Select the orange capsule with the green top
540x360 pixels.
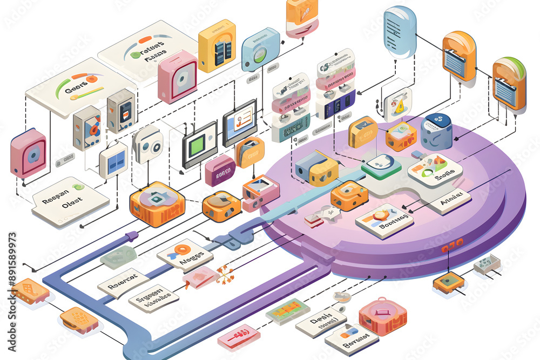[x=509, y=84]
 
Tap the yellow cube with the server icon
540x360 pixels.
[x=217, y=46]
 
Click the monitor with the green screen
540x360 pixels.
[x=199, y=144]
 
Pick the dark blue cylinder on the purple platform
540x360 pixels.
[x=436, y=132]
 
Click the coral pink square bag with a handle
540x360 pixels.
[x=383, y=315]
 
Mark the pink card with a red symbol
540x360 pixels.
[x=239, y=337]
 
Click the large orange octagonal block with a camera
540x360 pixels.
[x=157, y=203]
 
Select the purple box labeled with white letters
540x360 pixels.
[x=220, y=171]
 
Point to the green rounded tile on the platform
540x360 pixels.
[x=381, y=166]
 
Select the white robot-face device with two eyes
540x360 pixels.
[x=148, y=144]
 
